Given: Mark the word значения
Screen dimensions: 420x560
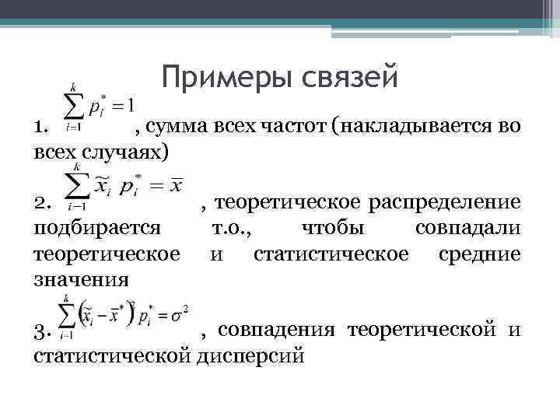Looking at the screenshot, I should pos(74,278).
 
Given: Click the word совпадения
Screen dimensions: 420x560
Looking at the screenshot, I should pos(276,332).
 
